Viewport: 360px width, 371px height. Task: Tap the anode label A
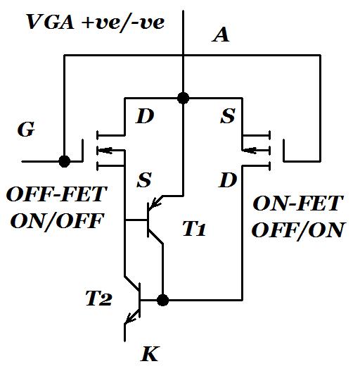pos(221,35)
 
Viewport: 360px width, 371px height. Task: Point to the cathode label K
pos(150,353)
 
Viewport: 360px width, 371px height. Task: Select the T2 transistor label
pos(98,298)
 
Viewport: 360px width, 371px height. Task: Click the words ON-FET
pos(297,204)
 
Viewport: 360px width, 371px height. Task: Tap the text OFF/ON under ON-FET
pos(299,230)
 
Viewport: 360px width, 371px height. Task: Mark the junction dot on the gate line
pos(65,161)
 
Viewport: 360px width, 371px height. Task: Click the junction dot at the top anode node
pos(183,97)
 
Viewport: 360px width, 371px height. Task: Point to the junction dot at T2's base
pos(162,301)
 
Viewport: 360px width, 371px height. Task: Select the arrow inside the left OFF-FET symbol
pos(105,148)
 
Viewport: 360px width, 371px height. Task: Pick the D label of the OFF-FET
pos(144,117)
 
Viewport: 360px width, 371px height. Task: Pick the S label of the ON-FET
pos(227,117)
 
